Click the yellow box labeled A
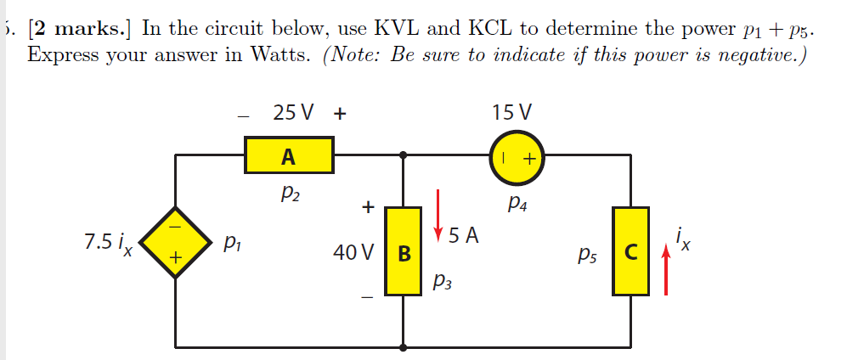tap(289, 156)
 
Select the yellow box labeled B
tap(404, 251)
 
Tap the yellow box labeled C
tap(630, 251)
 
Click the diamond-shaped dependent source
tap(176, 243)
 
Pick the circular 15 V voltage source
tap(518, 158)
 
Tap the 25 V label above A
tap(293, 112)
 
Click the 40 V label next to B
tap(356, 252)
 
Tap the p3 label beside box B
tap(443, 281)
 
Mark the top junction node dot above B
tap(404, 155)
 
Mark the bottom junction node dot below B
tap(404, 346)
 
